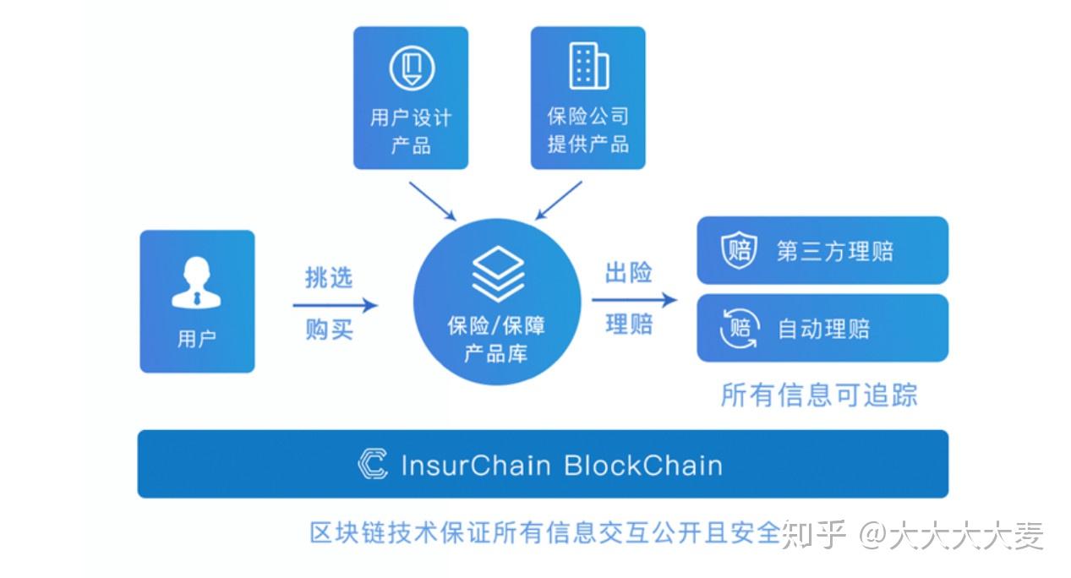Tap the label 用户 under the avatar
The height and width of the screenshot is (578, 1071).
click(x=196, y=339)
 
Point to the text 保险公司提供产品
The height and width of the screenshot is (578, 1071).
click(x=587, y=130)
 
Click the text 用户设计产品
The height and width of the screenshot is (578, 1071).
click(x=411, y=131)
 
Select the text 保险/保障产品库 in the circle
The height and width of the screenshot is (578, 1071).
click(x=496, y=339)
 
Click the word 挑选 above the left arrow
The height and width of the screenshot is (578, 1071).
click(x=328, y=276)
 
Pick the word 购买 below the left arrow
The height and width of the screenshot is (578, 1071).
click(x=328, y=330)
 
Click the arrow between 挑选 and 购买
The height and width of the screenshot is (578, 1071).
click(x=335, y=305)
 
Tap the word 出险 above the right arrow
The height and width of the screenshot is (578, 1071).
click(x=628, y=273)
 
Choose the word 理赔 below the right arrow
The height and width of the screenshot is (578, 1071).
click(x=628, y=324)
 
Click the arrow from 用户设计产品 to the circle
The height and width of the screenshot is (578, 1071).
click(x=431, y=199)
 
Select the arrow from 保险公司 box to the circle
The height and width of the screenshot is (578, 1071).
click(x=559, y=199)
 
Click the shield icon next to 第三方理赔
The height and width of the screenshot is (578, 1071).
click(x=737, y=251)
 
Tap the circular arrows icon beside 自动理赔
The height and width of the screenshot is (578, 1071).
click(x=738, y=328)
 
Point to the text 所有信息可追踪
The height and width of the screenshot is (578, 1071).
click(x=818, y=395)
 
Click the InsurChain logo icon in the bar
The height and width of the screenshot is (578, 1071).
click(x=373, y=465)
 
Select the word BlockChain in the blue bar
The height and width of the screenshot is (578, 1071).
click(x=642, y=466)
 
